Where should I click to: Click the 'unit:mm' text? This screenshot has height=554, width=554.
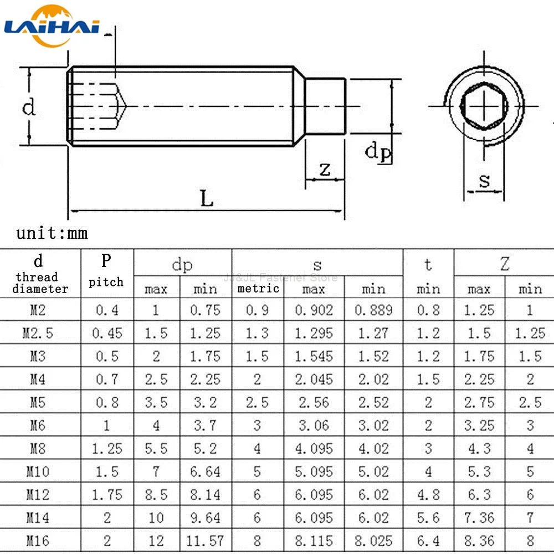coord(52,233)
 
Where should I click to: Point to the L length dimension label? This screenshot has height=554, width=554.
coord(207,198)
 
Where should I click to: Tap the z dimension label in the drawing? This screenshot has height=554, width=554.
coord(325,169)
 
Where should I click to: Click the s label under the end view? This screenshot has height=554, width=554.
coord(485,180)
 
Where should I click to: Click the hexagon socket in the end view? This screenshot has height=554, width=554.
coord(484,104)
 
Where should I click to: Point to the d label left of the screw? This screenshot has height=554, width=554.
coord(28,106)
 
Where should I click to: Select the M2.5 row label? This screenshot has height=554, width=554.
coord(38,333)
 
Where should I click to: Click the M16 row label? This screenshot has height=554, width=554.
coord(38,541)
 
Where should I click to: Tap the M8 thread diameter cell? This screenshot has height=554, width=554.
coord(38,448)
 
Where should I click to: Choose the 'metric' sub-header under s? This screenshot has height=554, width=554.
coord(258,288)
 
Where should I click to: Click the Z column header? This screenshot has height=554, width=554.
coord(504,264)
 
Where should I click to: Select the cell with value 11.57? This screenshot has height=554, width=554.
coord(205,541)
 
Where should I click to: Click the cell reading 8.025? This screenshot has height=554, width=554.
coord(373,541)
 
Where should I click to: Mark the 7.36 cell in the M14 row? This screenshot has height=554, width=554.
coord(479,517)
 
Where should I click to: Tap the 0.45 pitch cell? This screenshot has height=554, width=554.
coord(106,333)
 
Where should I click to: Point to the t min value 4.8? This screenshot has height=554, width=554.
coord(428,494)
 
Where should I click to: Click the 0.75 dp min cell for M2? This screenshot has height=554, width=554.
coord(205,310)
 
